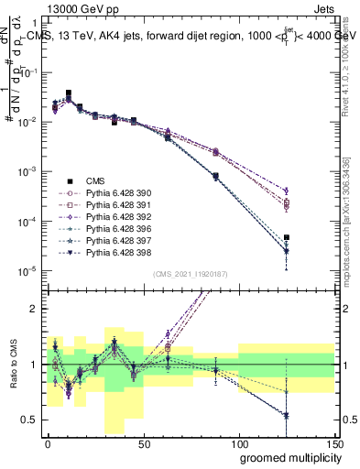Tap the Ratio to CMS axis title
(12, 365)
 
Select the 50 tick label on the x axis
(143, 442)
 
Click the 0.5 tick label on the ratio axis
(29, 420)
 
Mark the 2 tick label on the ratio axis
(34, 309)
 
